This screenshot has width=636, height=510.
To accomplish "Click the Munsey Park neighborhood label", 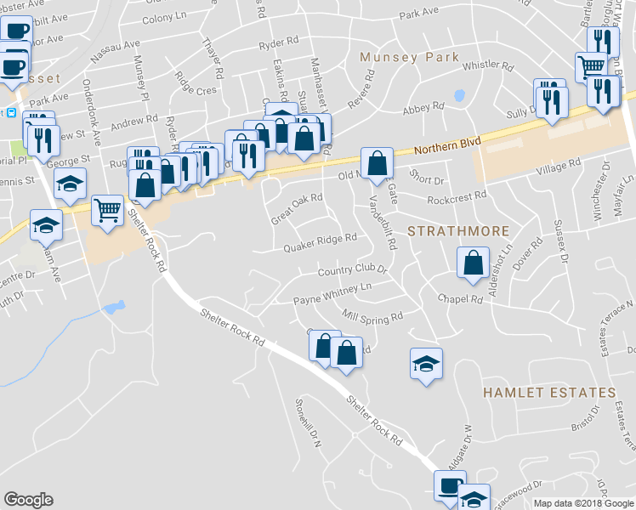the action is (x=409, y=58).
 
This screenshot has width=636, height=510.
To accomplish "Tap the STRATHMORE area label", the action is (x=457, y=231).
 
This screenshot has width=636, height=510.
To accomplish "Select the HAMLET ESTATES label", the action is (x=548, y=393).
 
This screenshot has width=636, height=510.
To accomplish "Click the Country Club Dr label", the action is (x=352, y=271).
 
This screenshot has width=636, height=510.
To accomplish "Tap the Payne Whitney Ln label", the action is (x=332, y=294).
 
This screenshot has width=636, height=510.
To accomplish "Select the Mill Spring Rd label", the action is (x=372, y=317).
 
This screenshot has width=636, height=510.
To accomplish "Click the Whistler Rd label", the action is (x=489, y=65).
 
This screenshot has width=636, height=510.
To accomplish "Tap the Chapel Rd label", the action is (x=460, y=298).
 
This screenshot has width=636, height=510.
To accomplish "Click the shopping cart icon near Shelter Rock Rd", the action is (x=108, y=208).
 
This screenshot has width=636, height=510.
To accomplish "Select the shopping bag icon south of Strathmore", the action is (x=473, y=262).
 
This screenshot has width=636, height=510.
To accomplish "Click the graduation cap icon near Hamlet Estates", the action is (x=426, y=364).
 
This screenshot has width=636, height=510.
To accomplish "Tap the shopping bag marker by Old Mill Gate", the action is (x=377, y=161).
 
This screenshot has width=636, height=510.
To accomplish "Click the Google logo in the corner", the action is (x=29, y=500).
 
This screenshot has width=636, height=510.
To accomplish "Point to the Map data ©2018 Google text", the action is (x=582, y=503).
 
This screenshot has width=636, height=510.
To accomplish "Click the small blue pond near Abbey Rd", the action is (x=460, y=95).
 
